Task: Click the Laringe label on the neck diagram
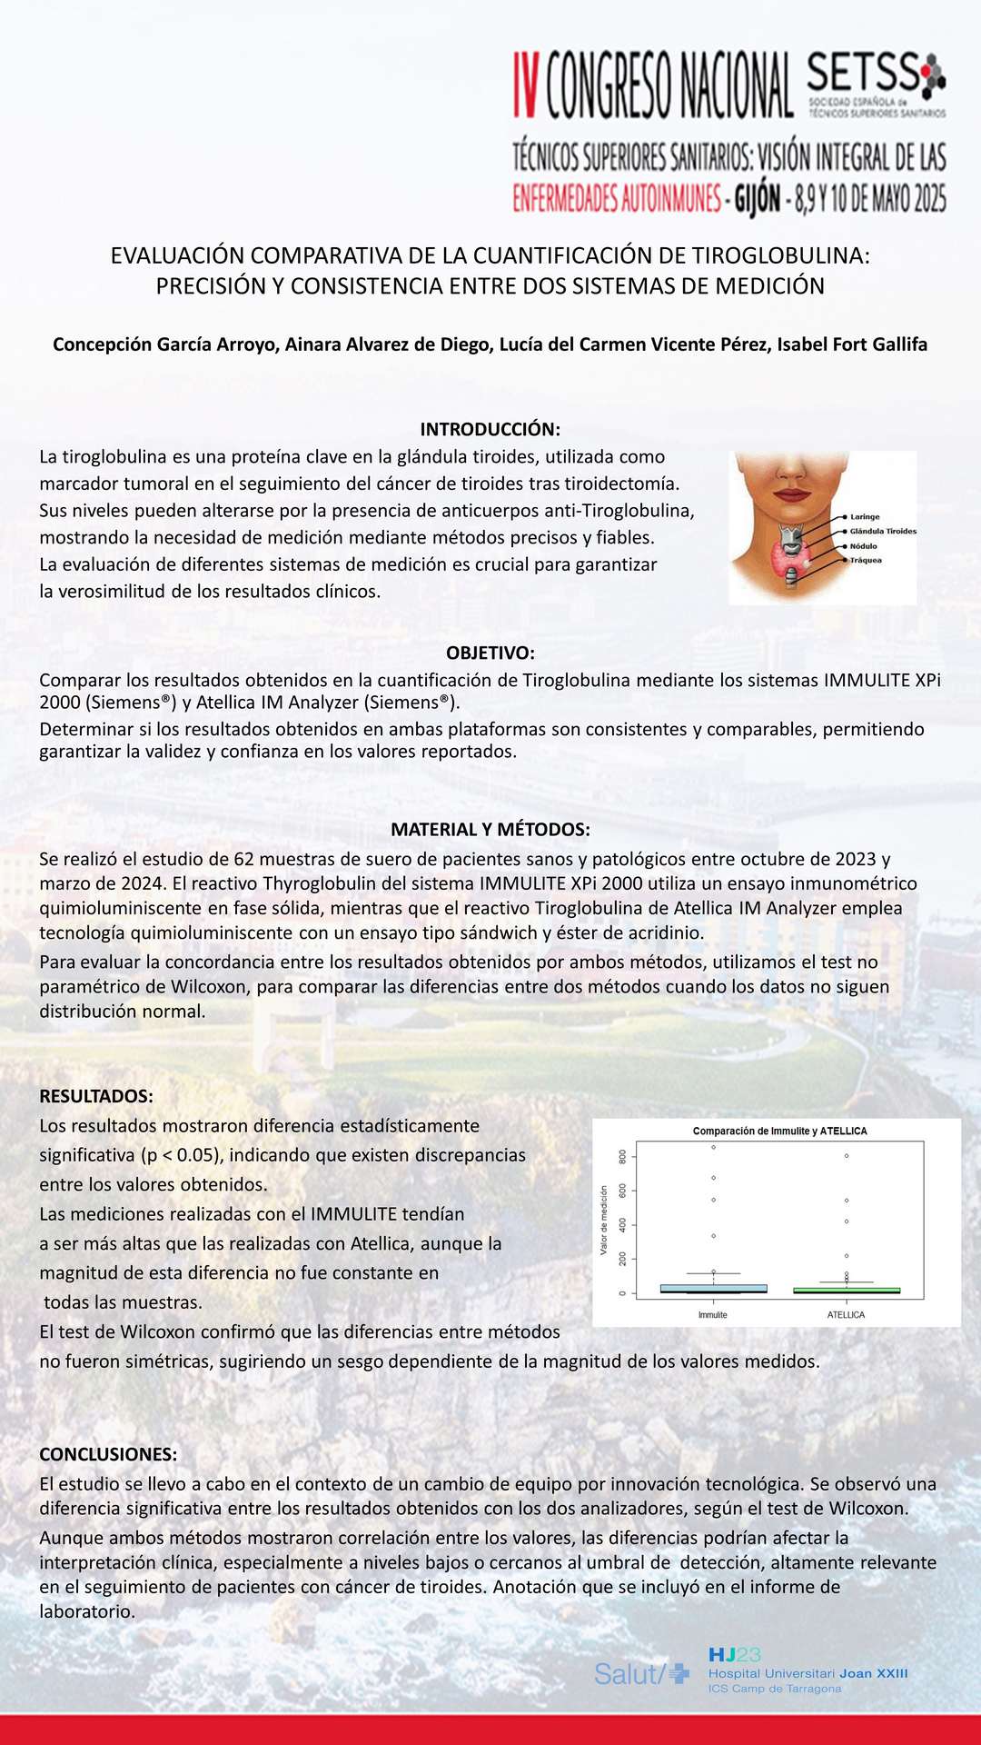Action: pyautogui.click(x=864, y=516)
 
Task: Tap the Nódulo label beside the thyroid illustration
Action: pyautogui.click(x=863, y=546)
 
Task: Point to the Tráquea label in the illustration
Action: pyautogui.click(x=865, y=561)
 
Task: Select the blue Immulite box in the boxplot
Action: pyautogui.click(x=713, y=1288)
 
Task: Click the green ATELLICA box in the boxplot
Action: pyautogui.click(x=846, y=1290)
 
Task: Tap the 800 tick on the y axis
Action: pyautogui.click(x=623, y=1157)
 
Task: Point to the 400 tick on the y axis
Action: pyautogui.click(x=623, y=1225)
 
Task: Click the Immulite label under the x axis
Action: pyautogui.click(x=713, y=1315)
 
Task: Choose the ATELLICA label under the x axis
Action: pyautogui.click(x=846, y=1315)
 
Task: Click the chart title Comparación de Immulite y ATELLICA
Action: pyautogui.click(x=779, y=1132)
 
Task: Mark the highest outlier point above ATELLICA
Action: pyautogui.click(x=847, y=1156)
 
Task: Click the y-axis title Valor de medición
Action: pyautogui.click(x=604, y=1221)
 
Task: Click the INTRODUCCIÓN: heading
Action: pyautogui.click(x=490, y=429)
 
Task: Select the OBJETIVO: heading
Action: pyautogui.click(x=490, y=653)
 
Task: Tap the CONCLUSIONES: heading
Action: pyautogui.click(x=108, y=1454)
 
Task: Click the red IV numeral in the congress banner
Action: pyautogui.click(x=527, y=85)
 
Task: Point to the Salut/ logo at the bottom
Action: pyautogui.click(x=641, y=1674)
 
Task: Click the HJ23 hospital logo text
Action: pyautogui.click(x=735, y=1655)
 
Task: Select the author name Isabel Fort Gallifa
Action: pyautogui.click(x=852, y=344)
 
